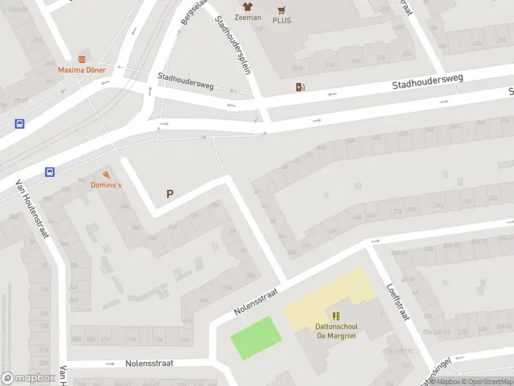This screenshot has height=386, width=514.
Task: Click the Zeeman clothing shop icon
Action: (x=247, y=6)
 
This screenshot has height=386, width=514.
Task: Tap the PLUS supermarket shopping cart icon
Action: (x=281, y=10)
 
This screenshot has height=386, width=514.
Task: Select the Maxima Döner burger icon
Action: (x=82, y=59)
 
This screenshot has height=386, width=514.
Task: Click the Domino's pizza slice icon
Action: (x=105, y=175)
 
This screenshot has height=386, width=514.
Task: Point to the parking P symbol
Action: (x=170, y=194)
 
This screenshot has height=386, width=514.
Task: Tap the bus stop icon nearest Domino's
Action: (x=50, y=172)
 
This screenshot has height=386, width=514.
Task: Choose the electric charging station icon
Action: (x=299, y=87)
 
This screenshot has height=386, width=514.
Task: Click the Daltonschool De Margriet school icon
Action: (x=335, y=315)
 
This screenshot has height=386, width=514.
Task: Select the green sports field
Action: (x=256, y=338)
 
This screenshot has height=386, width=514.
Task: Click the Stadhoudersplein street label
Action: (x=233, y=45)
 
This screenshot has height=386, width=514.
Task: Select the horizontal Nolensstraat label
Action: (x=149, y=363)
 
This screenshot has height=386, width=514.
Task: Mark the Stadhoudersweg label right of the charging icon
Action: (x=427, y=82)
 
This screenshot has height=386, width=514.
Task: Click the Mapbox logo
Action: (x=27, y=378)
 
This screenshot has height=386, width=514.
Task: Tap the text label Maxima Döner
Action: (x=82, y=69)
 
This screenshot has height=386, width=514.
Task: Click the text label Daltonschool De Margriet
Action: (x=336, y=330)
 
